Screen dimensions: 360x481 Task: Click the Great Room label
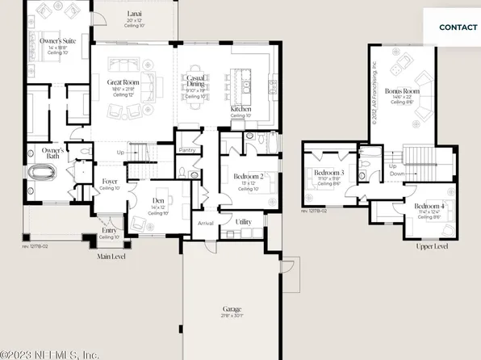tap(126, 82)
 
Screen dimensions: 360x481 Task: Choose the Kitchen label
tap(241, 108)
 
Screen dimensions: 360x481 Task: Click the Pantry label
tap(188, 149)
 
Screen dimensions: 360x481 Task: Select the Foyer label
tap(110, 182)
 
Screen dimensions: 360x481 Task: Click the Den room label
tap(158, 201)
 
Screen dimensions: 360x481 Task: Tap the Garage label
tap(232, 309)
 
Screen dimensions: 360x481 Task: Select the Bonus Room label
tap(398, 91)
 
